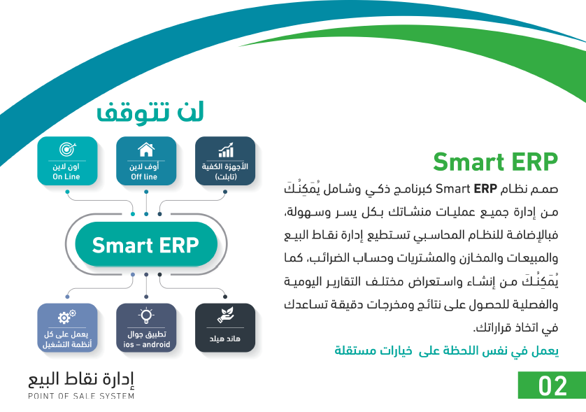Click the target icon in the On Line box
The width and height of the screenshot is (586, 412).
67,149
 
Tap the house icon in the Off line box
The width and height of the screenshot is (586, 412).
146,150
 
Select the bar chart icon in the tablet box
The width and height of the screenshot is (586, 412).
226,150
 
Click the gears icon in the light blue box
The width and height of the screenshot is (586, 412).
67,317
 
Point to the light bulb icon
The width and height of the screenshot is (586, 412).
146,316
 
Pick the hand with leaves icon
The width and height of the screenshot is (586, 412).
225,315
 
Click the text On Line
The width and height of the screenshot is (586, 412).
66,177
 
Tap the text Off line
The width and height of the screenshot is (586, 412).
144,177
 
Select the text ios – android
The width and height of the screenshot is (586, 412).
147,344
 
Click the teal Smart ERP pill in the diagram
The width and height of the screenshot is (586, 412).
146,245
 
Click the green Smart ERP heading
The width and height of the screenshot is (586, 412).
495,162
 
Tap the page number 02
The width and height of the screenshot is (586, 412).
552,386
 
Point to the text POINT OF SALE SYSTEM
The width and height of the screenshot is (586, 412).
81,396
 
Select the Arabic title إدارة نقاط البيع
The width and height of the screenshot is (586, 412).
81,379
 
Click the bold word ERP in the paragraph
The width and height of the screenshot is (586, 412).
485,189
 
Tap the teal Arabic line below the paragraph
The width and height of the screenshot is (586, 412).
446,351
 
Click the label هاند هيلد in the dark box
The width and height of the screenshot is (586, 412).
225,339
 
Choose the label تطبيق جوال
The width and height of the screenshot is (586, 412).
147,334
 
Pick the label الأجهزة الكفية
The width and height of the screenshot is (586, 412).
225,166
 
